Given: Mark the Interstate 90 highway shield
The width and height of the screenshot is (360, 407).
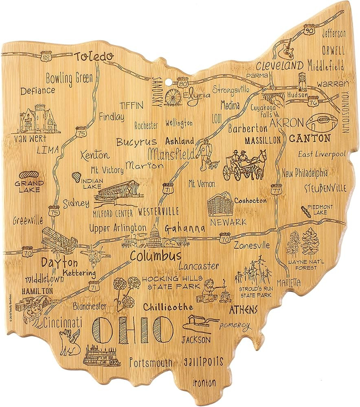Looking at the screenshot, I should [309, 29].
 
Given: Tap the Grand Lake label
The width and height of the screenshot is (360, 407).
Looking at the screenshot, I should [28, 186].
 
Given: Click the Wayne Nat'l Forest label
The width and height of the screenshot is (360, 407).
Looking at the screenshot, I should [302, 264].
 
